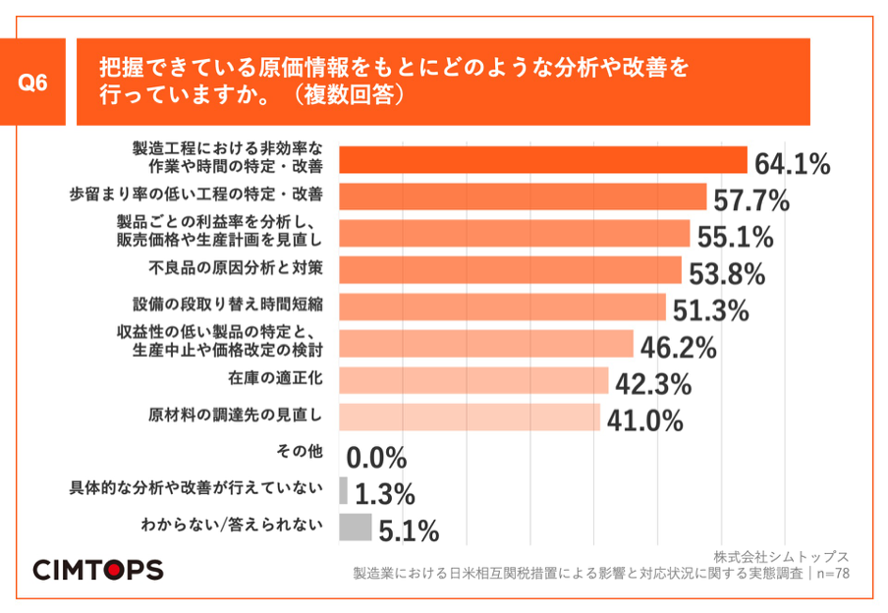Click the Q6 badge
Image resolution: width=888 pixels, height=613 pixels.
[x=34, y=83]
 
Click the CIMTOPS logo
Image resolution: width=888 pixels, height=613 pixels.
[x=98, y=570]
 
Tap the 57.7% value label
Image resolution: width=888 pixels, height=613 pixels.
[x=751, y=200]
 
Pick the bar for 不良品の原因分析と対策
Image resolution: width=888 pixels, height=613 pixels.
[x=510, y=270]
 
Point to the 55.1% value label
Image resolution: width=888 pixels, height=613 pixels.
[x=735, y=237]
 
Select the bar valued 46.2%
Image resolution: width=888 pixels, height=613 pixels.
[x=486, y=344]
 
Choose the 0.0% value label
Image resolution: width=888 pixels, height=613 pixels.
[x=377, y=457]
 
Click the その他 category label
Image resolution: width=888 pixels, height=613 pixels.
[x=301, y=453]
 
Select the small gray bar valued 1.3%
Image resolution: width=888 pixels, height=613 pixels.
[x=343, y=490]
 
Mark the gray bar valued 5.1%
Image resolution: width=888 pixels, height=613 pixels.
[x=355, y=527]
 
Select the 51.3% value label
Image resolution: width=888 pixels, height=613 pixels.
[x=711, y=310]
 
